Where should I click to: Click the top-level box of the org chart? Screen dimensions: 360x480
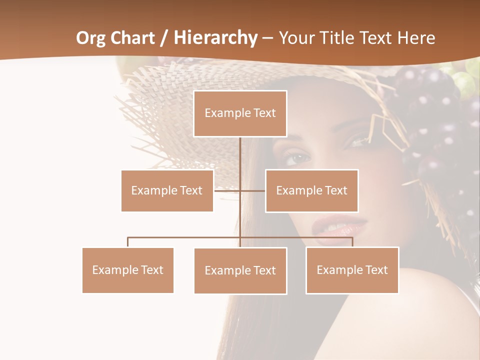[240, 113]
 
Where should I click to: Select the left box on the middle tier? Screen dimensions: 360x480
[167, 190]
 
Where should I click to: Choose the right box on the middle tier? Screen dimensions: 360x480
[311, 190]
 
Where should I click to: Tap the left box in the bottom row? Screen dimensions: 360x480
[127, 270]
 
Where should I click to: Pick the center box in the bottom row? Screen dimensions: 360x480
[240, 270]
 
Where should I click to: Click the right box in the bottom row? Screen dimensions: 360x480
[352, 270]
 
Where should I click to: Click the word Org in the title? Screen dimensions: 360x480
[91, 37]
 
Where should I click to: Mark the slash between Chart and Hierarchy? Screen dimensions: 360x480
[163, 38]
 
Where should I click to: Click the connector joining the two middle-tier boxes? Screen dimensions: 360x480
[239, 190]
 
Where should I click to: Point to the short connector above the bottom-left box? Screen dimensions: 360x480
[127, 242]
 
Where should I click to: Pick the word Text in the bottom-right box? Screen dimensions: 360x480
[376, 270]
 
